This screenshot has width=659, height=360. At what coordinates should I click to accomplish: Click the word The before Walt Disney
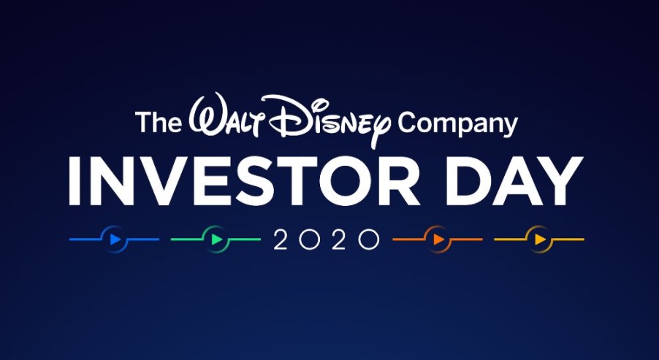(158, 122)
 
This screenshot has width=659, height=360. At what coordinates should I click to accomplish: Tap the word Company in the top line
(458, 124)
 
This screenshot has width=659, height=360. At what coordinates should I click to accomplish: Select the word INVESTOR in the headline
(244, 180)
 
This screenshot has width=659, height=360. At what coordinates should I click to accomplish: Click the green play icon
(217, 240)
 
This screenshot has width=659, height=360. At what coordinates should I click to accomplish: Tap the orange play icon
(439, 240)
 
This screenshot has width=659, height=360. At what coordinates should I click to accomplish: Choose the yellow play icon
(540, 240)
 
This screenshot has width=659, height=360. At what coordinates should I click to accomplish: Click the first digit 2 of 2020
(281, 240)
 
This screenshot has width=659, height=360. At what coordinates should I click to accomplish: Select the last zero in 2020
(368, 240)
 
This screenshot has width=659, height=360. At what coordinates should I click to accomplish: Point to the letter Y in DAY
(562, 180)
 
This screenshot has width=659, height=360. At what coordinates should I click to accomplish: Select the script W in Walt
(206, 112)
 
